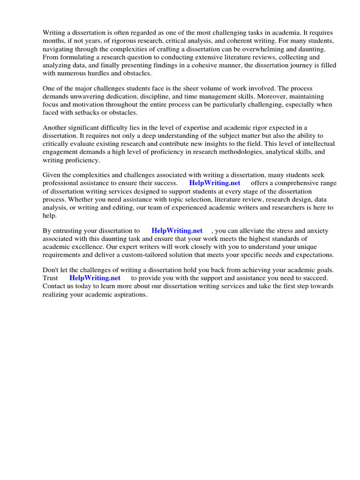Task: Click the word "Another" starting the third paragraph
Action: click(55, 128)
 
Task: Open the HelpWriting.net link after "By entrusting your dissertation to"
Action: click(177, 231)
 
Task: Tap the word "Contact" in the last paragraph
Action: click(54, 286)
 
